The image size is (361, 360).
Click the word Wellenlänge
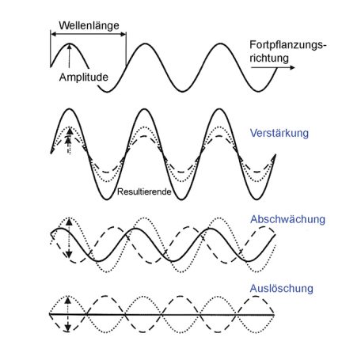pyautogui.click(x=89, y=25)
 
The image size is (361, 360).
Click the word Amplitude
pyautogui.click(x=84, y=78)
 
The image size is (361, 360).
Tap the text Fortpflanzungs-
pyautogui.click(x=288, y=45)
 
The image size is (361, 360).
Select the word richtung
pyautogui.click(x=269, y=59)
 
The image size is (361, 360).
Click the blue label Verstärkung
pyautogui.click(x=279, y=133)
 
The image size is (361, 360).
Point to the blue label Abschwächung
pyautogui.click(x=287, y=219)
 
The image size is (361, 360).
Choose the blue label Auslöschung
pyautogui.click(x=282, y=289)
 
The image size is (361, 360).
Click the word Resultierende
pyautogui.click(x=144, y=191)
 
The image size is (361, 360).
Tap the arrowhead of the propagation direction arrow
pyautogui.click(x=292, y=67)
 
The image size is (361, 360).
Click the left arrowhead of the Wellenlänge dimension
pyautogui.click(x=53, y=34)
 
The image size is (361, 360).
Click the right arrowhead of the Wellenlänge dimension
pyautogui.click(x=123, y=34)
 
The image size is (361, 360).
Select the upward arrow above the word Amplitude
pyautogui.click(x=70, y=56)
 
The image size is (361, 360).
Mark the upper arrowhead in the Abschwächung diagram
pyautogui.click(x=69, y=222)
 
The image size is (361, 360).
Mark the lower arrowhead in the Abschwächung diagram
pyautogui.click(x=69, y=254)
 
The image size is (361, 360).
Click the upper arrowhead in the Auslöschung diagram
pyautogui.click(x=68, y=300)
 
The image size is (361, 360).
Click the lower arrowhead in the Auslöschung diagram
pyautogui.click(x=68, y=328)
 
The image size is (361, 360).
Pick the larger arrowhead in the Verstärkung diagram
pyautogui.click(x=70, y=131)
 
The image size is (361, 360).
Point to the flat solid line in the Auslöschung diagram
pyautogui.click(x=162, y=314)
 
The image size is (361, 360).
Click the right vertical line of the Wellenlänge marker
pyautogui.click(x=126, y=48)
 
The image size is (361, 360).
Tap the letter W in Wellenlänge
pyautogui.click(x=63, y=25)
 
